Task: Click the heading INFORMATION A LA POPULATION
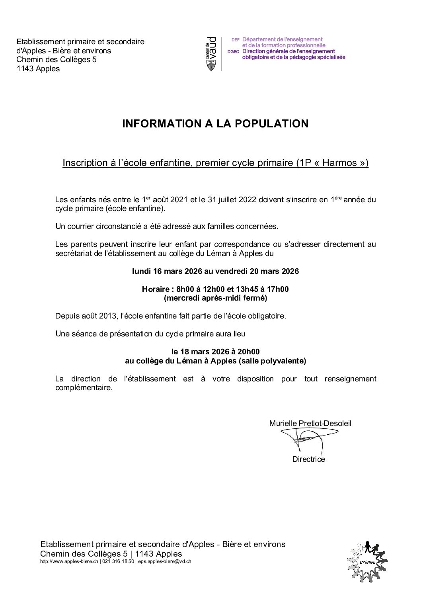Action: click(x=215, y=124)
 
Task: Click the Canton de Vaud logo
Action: click(x=211, y=54)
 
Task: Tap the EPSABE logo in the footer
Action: click(x=367, y=561)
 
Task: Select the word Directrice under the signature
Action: click(x=308, y=459)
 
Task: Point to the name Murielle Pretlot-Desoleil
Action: click(x=310, y=424)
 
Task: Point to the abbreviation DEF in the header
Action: click(x=236, y=40)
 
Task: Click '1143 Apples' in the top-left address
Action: click(x=38, y=69)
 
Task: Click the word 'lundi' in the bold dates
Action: click(x=141, y=272)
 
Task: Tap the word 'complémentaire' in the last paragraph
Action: click(x=84, y=388)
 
